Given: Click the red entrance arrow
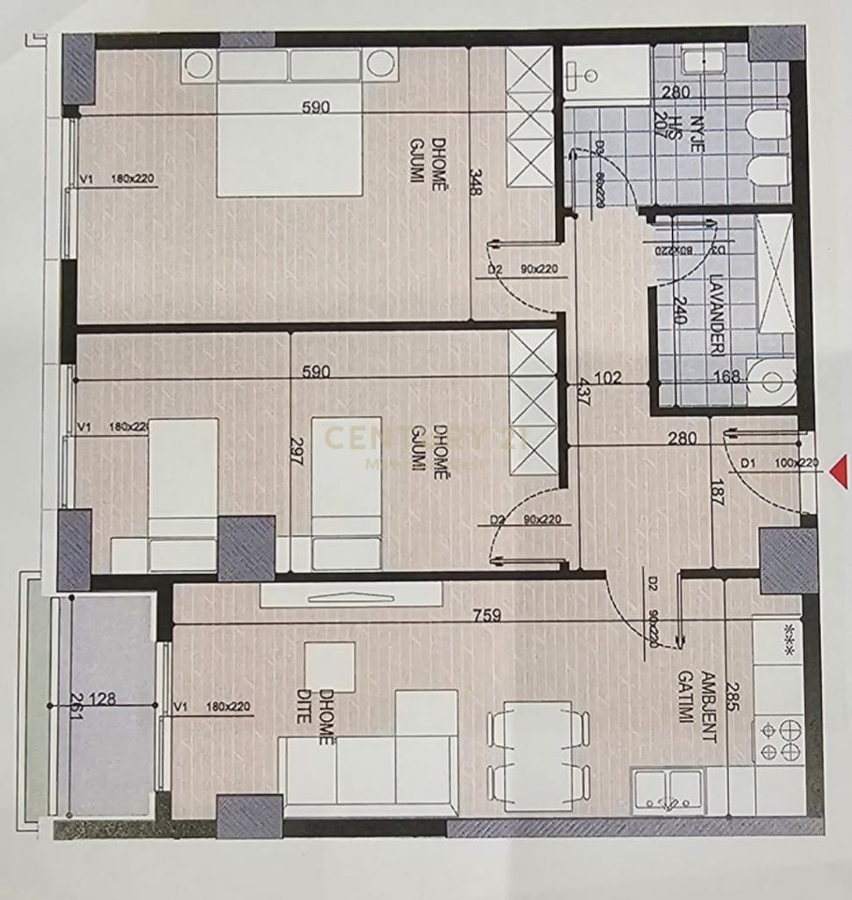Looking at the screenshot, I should (x=841, y=471).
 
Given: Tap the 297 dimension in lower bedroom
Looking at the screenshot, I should (x=296, y=449).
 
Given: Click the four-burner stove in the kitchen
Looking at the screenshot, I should (x=778, y=740).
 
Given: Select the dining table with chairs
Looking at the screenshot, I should (x=538, y=755).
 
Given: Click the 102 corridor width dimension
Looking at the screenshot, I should (x=608, y=380).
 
